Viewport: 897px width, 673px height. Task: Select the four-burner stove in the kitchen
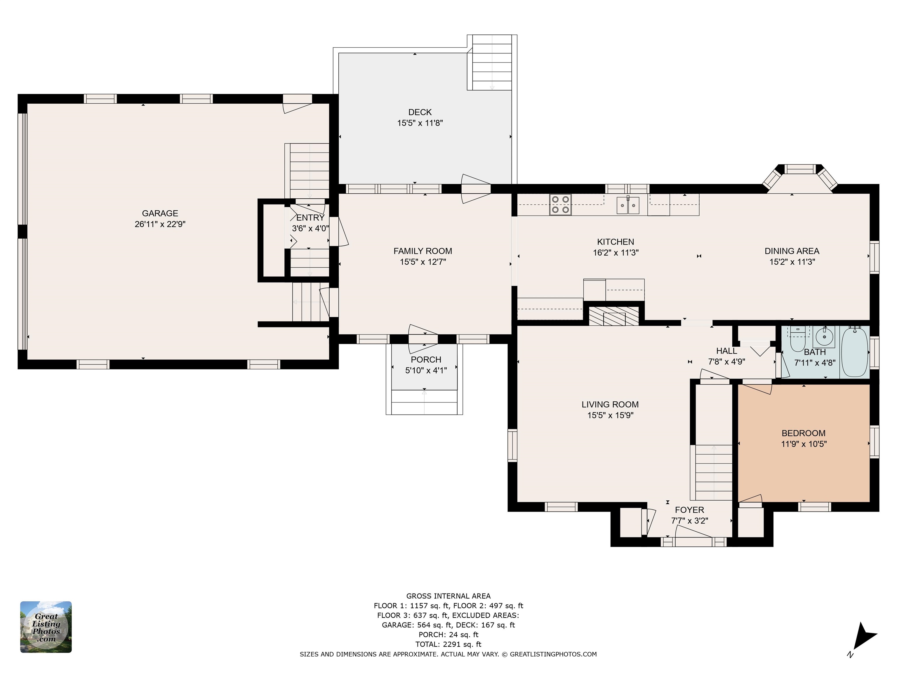pyautogui.click(x=560, y=204)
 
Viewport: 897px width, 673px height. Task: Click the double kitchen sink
pyautogui.click(x=628, y=205)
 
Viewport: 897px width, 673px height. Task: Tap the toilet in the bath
pyautogui.click(x=798, y=340)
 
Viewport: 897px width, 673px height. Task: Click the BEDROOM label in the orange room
pyautogui.click(x=803, y=433)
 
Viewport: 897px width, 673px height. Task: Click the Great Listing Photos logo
pyautogui.click(x=46, y=627)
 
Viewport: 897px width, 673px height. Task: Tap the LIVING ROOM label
pyautogui.click(x=610, y=405)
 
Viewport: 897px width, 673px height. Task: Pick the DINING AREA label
pyautogui.click(x=792, y=251)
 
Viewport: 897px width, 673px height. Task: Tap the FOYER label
pyautogui.click(x=689, y=510)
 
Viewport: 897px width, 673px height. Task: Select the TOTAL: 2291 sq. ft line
pyautogui.click(x=448, y=644)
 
